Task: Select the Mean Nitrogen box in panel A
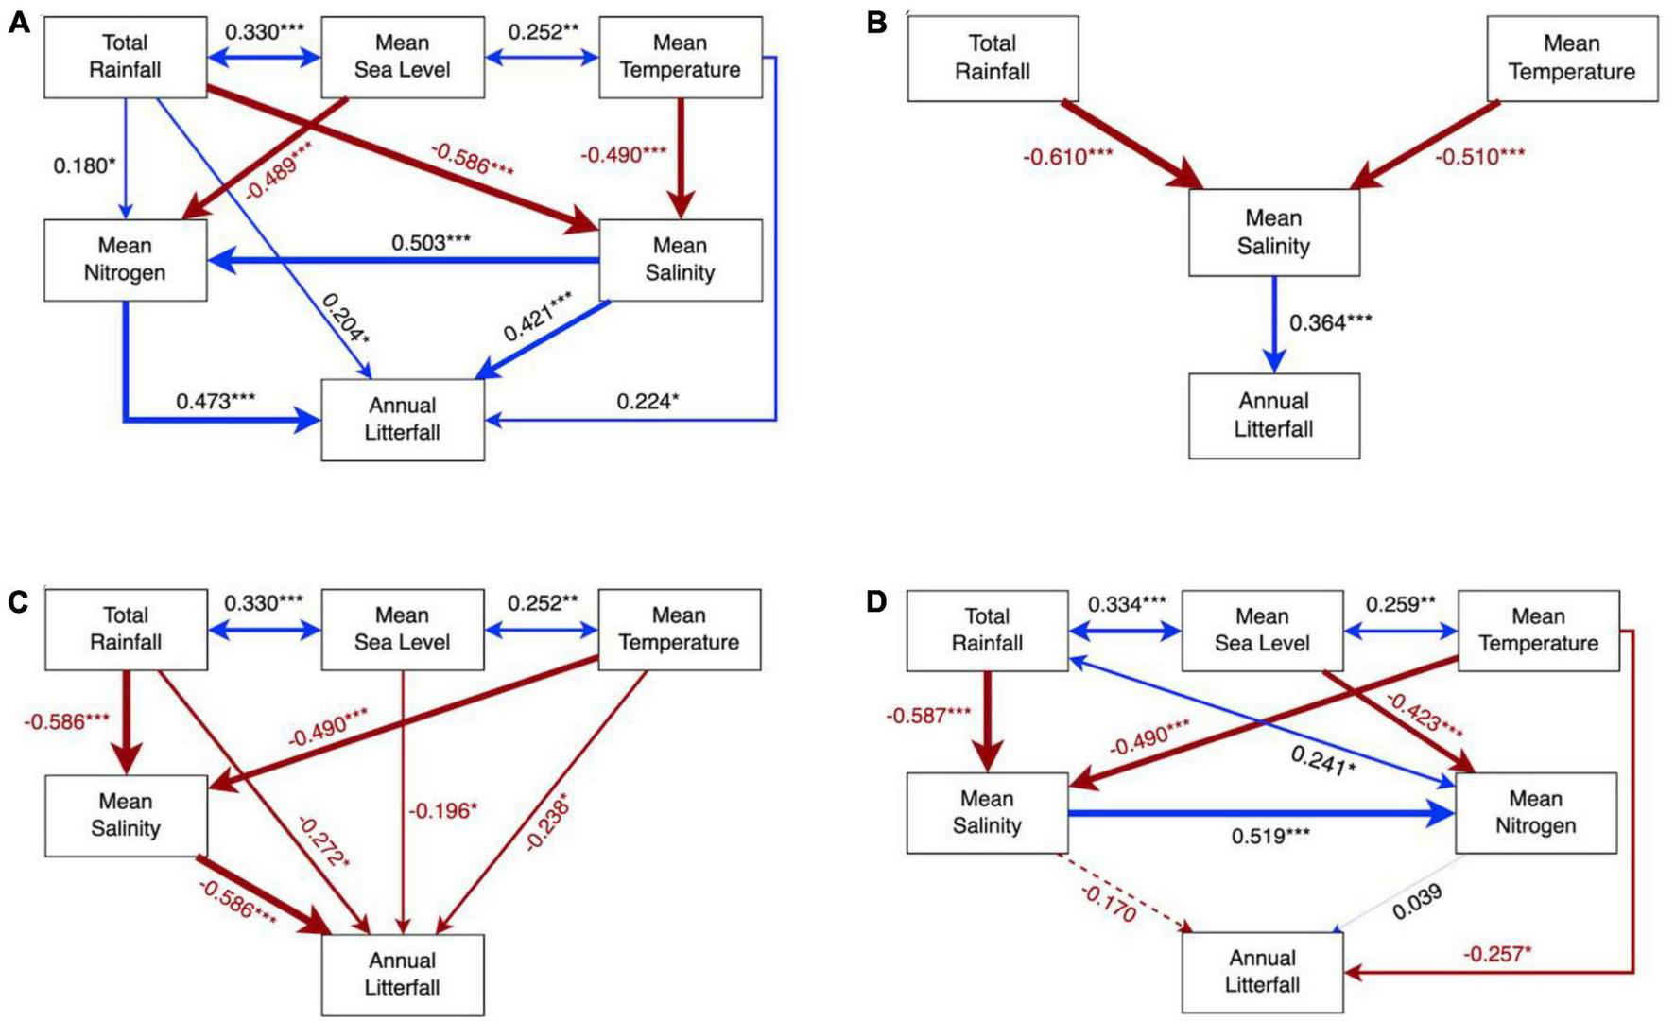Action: point(125,260)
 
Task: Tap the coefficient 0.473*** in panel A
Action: point(216,401)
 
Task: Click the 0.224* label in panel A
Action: point(648,402)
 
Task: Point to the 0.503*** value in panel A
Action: point(431,243)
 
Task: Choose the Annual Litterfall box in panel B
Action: point(1273,416)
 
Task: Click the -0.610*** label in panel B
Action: point(1067,157)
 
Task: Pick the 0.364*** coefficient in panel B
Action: point(1330,323)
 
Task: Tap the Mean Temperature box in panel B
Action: point(1571,58)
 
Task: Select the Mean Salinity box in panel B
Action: point(1273,233)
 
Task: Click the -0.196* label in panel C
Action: point(442,810)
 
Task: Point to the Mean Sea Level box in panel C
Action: point(402,630)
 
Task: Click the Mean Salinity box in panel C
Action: point(125,815)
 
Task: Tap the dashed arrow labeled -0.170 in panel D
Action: point(1125,893)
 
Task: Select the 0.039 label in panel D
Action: point(1417,902)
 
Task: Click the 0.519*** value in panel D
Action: point(1270,837)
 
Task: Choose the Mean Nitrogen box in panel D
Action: point(1535,813)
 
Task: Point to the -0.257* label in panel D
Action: point(1497,954)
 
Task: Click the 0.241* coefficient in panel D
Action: point(1322,759)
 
